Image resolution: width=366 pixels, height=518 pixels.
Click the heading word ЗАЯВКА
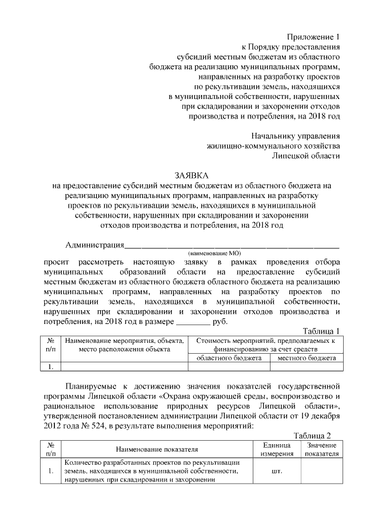pyautogui.click(x=192, y=175)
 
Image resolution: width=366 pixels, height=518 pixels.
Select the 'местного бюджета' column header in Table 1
pyautogui.click(x=307, y=358)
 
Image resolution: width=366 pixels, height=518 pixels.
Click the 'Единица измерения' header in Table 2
pyautogui.click(x=277, y=449)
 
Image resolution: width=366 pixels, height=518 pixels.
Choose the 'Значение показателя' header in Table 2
pyautogui.click(x=321, y=449)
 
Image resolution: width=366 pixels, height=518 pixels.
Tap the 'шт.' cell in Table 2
pyautogui.click(x=277, y=471)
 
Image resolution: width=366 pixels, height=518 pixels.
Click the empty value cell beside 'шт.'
pyautogui.click(x=321, y=471)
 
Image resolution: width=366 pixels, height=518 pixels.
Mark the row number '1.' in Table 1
pyautogui.click(x=51, y=367)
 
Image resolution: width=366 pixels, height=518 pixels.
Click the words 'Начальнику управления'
pyautogui.click(x=296, y=136)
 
